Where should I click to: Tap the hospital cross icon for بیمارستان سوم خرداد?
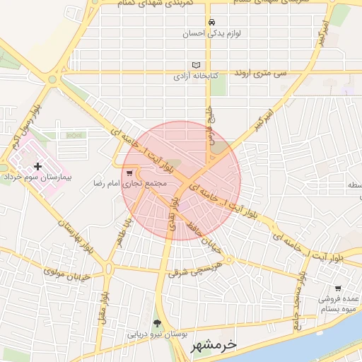click(x=37, y=166)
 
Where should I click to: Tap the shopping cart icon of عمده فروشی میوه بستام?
click(x=338, y=288)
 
